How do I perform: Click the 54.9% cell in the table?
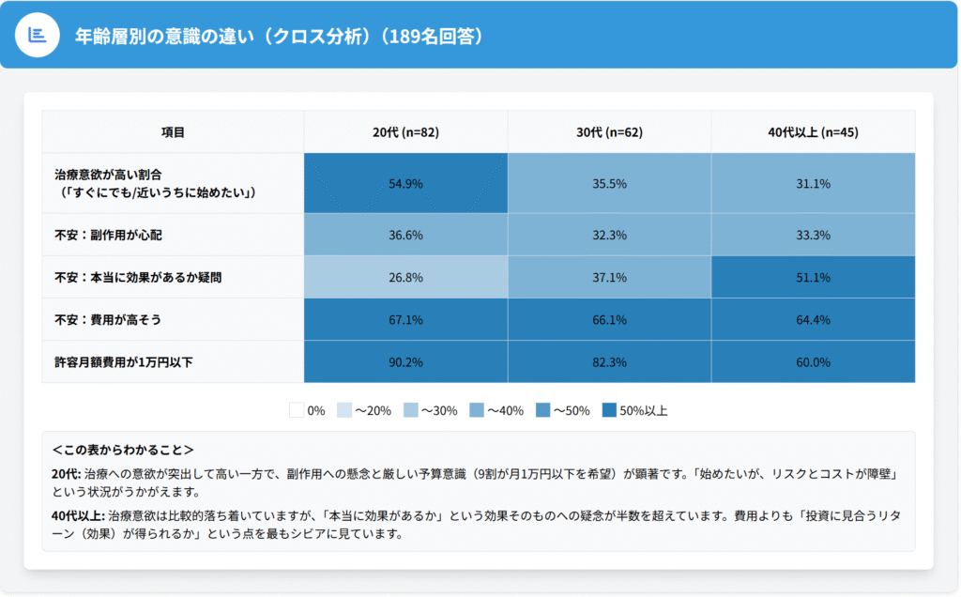click(x=405, y=183)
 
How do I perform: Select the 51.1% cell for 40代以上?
click(x=813, y=277)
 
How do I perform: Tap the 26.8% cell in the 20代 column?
click(x=405, y=277)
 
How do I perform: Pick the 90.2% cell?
click(x=405, y=361)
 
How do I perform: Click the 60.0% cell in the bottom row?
click(x=813, y=361)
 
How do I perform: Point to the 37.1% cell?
click(x=609, y=277)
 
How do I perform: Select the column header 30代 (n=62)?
click(x=609, y=132)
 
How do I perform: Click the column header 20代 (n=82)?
click(x=405, y=132)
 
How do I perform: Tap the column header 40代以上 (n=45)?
click(x=813, y=132)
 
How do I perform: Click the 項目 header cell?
click(x=173, y=132)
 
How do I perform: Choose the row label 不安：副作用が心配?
click(x=114, y=235)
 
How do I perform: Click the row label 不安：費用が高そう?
click(x=114, y=320)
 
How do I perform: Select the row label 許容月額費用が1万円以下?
click(x=124, y=361)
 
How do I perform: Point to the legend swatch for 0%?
click(x=297, y=410)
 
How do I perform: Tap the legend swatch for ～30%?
click(x=410, y=410)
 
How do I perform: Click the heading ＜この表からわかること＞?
click(x=123, y=451)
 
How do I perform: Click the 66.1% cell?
click(x=609, y=320)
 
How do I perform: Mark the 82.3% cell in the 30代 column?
click(x=609, y=361)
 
